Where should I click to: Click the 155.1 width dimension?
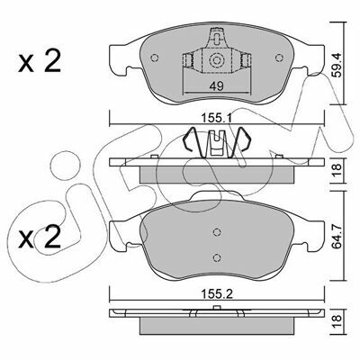[x=217, y=119]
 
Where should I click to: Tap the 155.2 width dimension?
[x=217, y=294]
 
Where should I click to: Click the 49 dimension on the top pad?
[x=216, y=86]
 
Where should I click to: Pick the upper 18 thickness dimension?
[x=337, y=170]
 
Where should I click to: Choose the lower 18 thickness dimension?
[x=337, y=322]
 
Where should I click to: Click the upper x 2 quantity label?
[x=40, y=61]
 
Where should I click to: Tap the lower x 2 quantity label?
[x=40, y=237]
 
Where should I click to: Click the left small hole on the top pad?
[x=154, y=58]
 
